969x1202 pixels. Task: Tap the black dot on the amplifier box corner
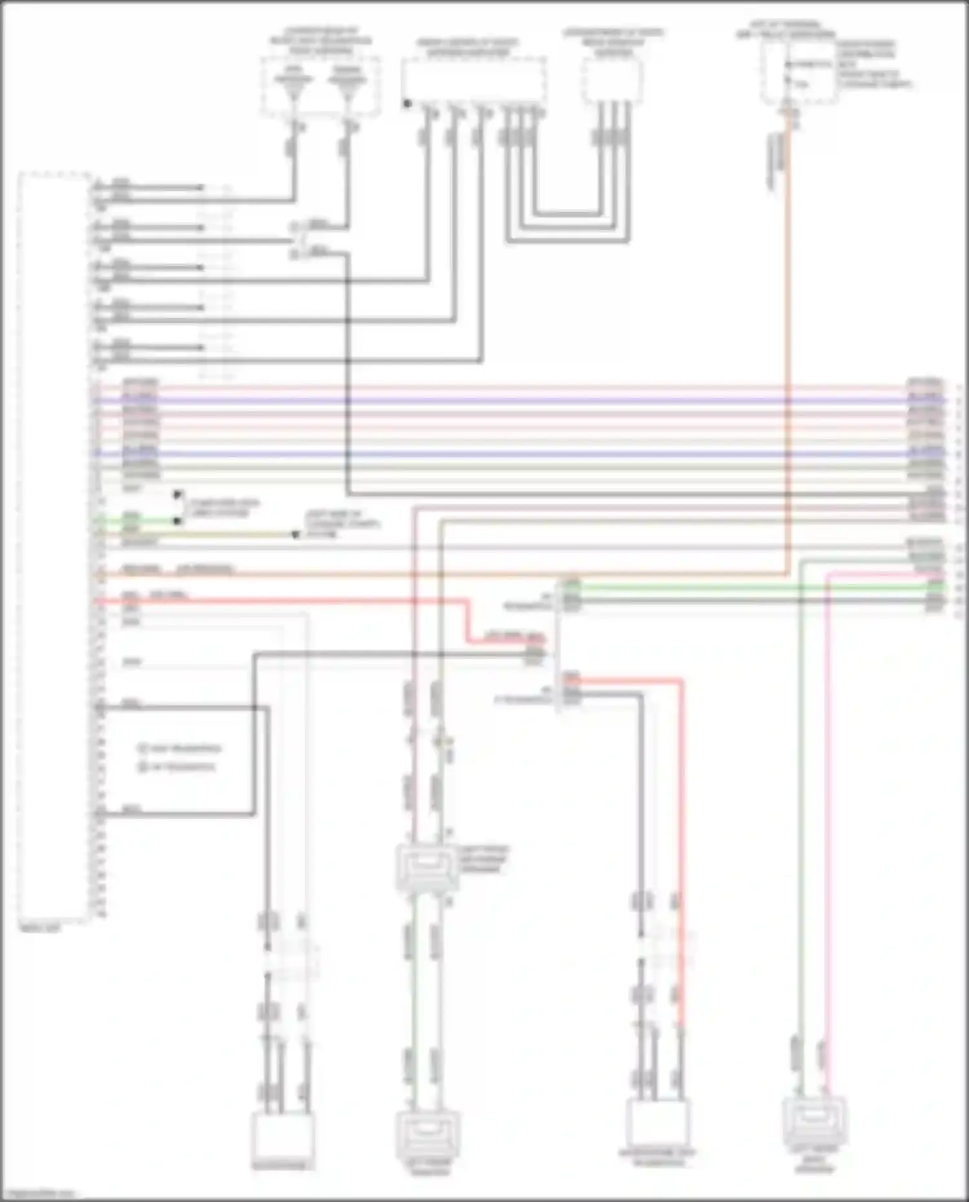point(407,103)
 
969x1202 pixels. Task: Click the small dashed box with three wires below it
point(612,81)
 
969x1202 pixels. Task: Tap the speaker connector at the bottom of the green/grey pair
point(428,1135)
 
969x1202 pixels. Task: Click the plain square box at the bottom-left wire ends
point(283,1135)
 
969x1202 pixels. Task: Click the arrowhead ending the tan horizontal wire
point(295,535)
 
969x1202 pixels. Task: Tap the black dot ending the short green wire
point(176,521)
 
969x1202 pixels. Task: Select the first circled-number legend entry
point(180,749)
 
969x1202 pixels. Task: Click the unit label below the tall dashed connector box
point(40,927)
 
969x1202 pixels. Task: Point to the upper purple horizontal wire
point(517,401)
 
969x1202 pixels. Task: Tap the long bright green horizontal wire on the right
point(743,588)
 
